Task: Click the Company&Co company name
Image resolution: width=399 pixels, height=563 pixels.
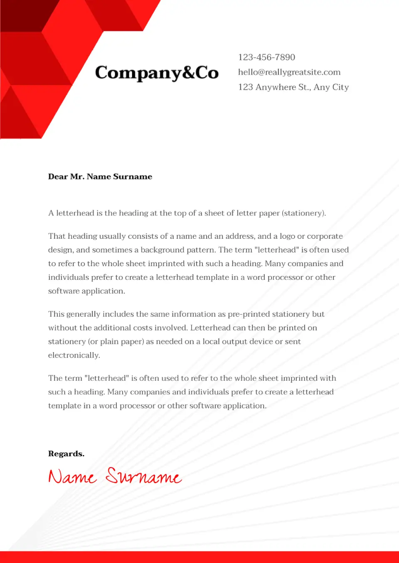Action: click(157, 73)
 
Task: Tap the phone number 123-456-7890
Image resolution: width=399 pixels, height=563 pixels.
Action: click(266, 57)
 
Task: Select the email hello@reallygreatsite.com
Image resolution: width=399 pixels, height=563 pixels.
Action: click(289, 72)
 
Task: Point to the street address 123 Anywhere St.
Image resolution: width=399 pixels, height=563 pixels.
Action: click(275, 87)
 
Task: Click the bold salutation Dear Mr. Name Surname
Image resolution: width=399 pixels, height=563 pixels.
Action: click(100, 176)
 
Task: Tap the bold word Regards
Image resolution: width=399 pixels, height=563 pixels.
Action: click(66, 453)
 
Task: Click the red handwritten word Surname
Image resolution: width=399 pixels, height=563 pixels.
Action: click(144, 476)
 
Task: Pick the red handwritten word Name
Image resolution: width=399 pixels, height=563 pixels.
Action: click(72, 477)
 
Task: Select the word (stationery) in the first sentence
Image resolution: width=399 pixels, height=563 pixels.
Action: click(304, 213)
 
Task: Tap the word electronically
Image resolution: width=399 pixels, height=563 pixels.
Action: click(74, 355)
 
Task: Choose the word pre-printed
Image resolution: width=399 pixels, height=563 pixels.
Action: click(248, 314)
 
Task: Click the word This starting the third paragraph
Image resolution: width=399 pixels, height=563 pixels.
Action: click(56, 314)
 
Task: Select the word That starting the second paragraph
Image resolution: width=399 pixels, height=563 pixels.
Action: click(57, 236)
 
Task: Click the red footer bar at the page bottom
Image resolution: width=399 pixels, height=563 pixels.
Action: click(199, 557)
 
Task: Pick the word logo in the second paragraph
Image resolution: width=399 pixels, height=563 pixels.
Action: click(287, 236)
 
